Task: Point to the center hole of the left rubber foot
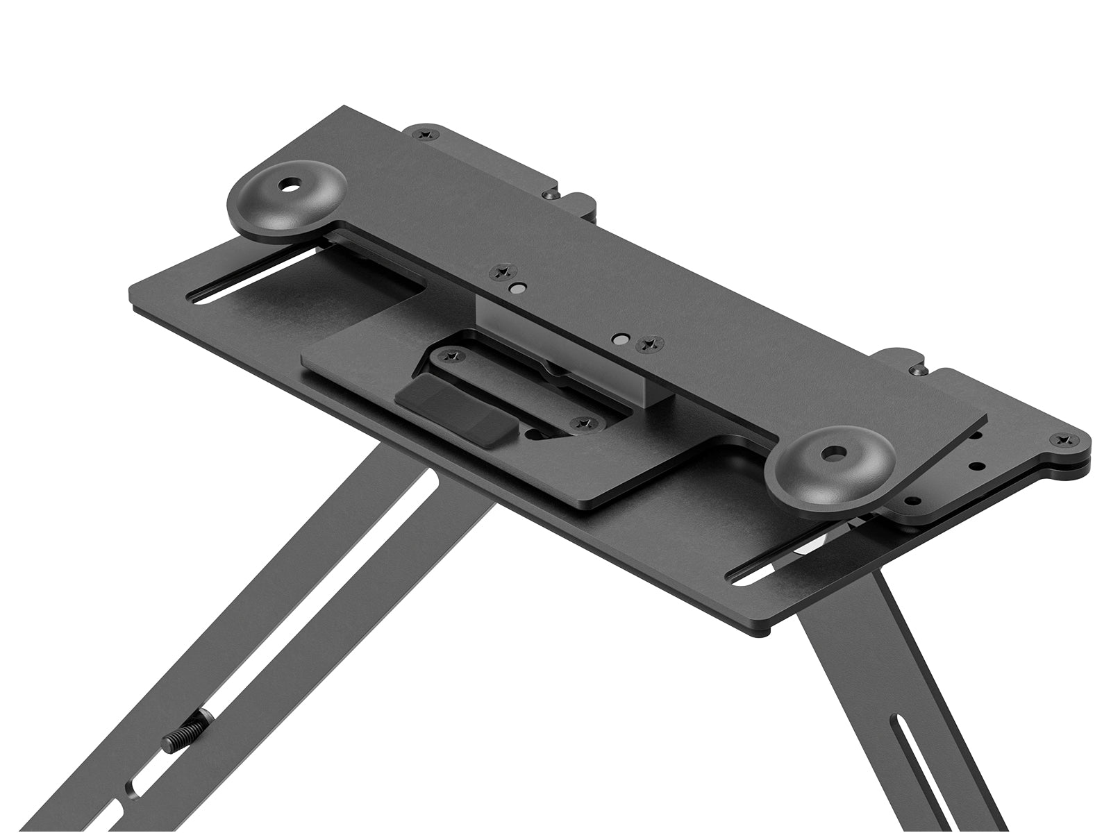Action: [x=287, y=185]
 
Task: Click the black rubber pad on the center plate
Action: [x=455, y=414]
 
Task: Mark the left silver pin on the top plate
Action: [x=517, y=287]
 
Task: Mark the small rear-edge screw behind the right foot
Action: [x=917, y=370]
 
